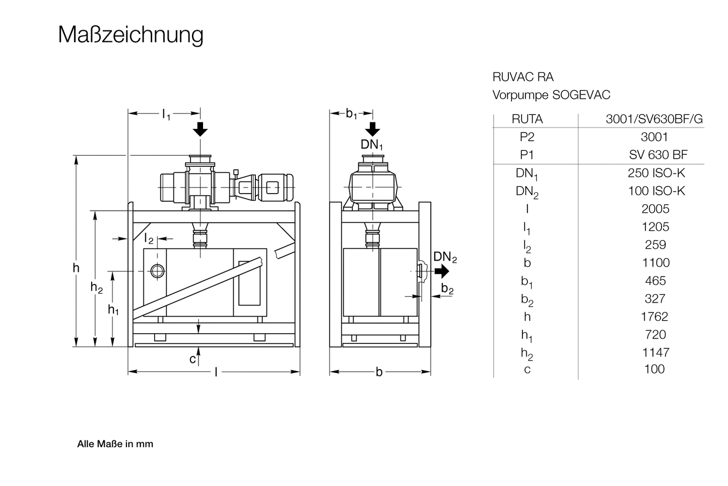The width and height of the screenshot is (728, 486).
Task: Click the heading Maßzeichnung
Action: [x=130, y=35]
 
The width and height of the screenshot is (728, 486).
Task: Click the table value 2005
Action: [x=655, y=209]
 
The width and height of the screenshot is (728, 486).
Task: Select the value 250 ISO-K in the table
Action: [x=656, y=173]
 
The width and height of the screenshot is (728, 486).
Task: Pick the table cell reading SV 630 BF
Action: [x=657, y=155]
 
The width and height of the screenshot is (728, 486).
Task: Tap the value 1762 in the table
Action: [x=655, y=317]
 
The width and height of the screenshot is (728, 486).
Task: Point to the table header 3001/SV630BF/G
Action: [x=653, y=119]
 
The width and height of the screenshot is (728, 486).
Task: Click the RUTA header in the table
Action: [x=527, y=119]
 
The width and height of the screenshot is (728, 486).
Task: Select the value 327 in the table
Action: [x=655, y=298]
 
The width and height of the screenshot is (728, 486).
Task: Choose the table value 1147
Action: [x=655, y=352]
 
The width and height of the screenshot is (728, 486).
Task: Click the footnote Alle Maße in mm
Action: [x=115, y=444]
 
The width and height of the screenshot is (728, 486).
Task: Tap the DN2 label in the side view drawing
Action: [x=445, y=257]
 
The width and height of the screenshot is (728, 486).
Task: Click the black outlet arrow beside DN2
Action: [x=442, y=271]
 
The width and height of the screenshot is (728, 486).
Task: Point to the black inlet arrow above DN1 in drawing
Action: [x=372, y=130]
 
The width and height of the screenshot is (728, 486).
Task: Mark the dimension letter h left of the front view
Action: [x=76, y=268]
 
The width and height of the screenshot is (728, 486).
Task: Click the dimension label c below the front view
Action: [x=192, y=359]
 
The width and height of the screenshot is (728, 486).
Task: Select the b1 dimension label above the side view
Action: [x=351, y=114]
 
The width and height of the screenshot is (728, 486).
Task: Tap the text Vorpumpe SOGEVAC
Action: [x=551, y=95]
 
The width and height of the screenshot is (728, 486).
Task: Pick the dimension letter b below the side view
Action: [x=379, y=373]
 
